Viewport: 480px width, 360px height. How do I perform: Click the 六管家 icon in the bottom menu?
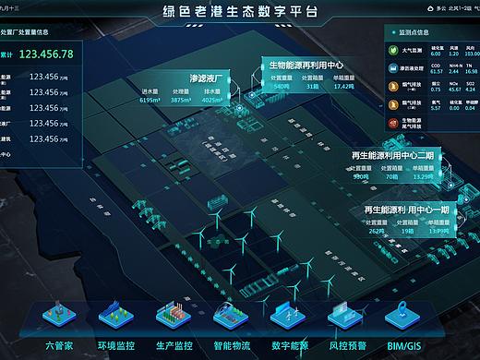[63, 317]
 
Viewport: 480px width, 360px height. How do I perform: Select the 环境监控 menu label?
[118, 345]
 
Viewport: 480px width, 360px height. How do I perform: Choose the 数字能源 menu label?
[289, 345]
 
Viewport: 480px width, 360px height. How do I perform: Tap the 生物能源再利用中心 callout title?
[306, 66]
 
